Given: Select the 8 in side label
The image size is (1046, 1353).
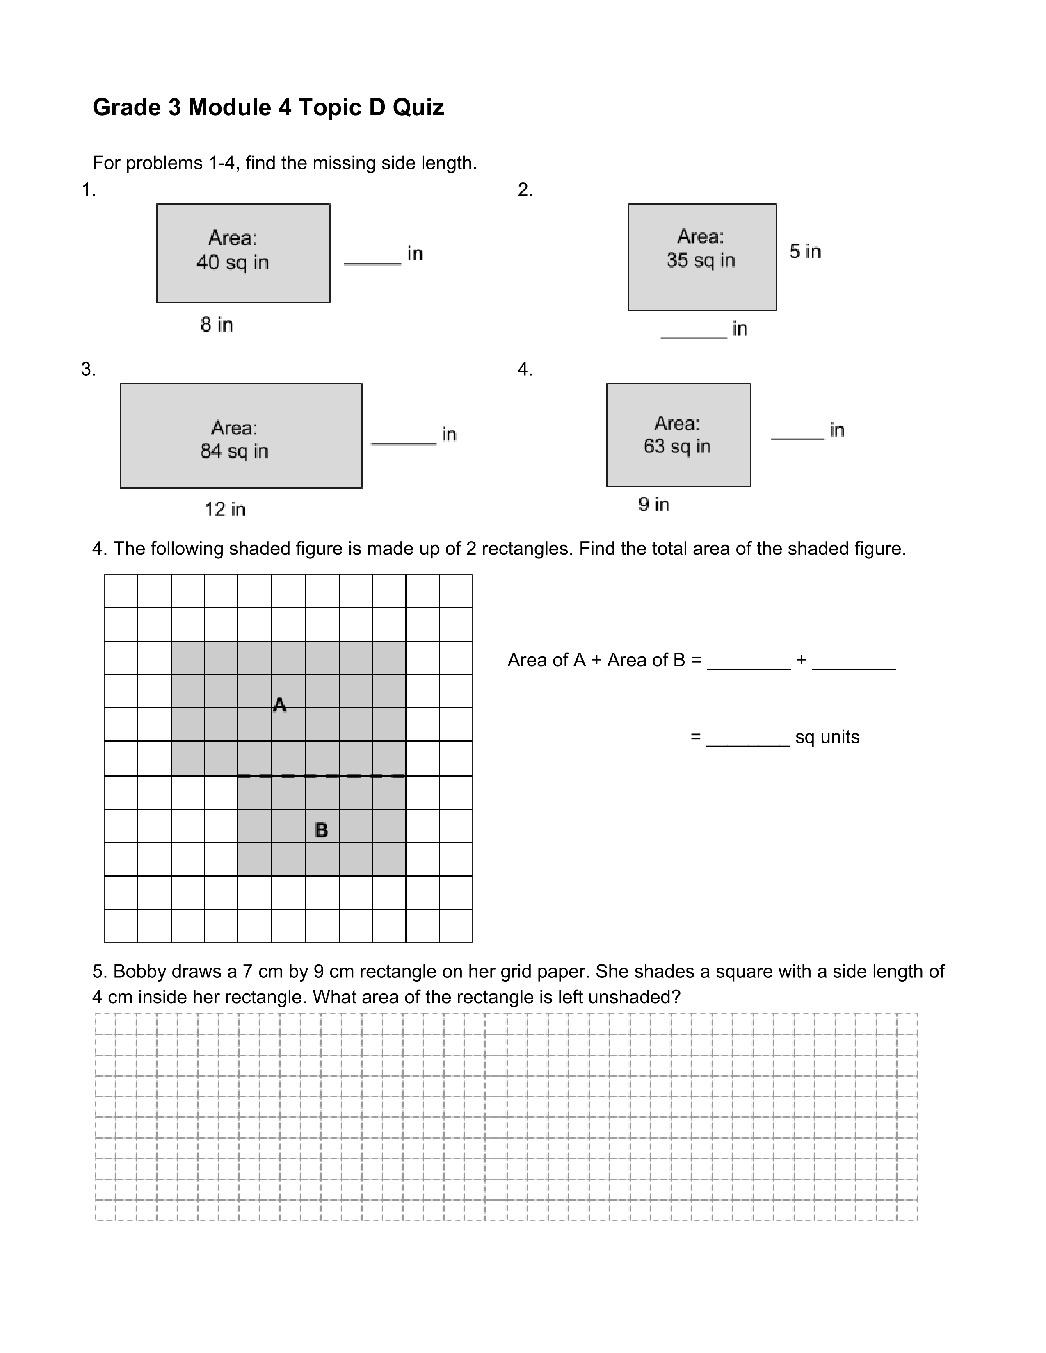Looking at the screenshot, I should point(216,325).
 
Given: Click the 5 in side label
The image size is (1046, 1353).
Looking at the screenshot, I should point(805,251).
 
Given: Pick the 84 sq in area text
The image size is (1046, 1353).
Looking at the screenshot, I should point(234,451).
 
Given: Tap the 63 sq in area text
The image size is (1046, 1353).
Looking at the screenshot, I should point(677,446).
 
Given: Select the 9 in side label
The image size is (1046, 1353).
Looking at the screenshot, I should point(654,505).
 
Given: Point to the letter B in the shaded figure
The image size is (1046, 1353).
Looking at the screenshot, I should point(321,830).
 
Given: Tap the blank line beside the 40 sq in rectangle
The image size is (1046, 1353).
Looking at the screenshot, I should point(372,263).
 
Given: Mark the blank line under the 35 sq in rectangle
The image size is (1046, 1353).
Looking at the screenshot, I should point(693,337).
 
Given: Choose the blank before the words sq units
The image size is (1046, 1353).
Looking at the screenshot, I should point(748,745).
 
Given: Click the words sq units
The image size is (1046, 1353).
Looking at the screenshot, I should point(827,737).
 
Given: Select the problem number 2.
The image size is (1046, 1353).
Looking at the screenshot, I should point(525,190).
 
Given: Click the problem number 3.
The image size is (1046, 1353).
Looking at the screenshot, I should point(88,370).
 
